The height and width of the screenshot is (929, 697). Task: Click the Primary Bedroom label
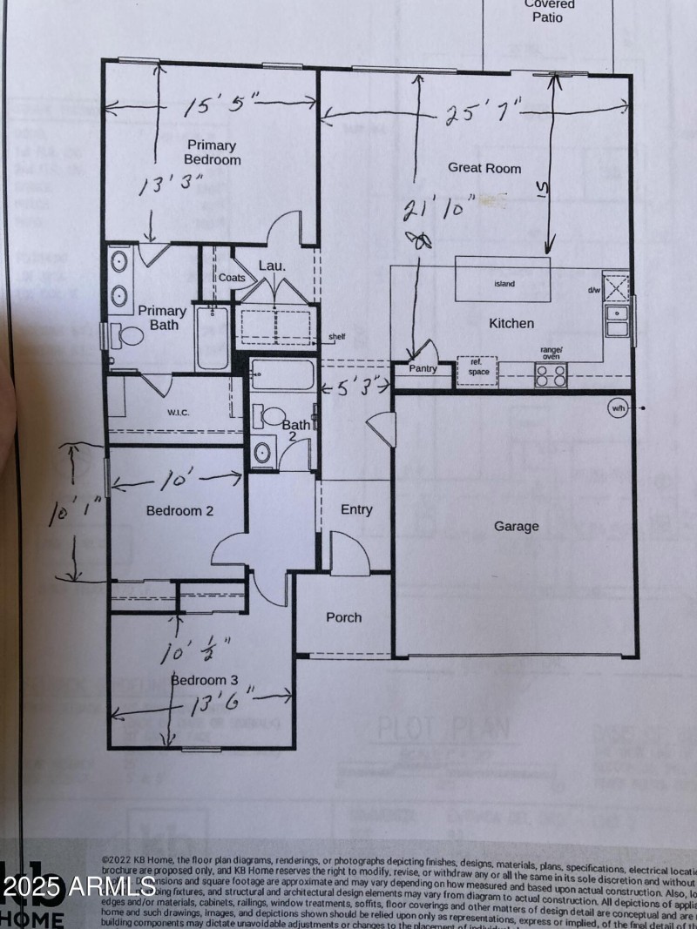pyautogui.click(x=212, y=152)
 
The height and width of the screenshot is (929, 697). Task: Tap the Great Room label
pyautogui.click(x=484, y=167)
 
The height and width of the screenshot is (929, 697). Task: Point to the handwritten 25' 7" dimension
pyautogui.click(x=483, y=113)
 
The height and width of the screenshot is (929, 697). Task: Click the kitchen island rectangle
pyautogui.click(x=503, y=279)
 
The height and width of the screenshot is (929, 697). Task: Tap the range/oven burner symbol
pyautogui.click(x=551, y=374)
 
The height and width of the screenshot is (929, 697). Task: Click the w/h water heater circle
pyautogui.click(x=618, y=408)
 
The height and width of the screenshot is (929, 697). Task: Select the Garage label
pyautogui.click(x=517, y=526)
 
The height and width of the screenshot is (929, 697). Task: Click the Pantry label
pyautogui.click(x=423, y=369)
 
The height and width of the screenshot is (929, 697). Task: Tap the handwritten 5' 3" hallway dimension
pyautogui.click(x=354, y=388)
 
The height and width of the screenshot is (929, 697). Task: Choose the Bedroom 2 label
pyautogui.click(x=179, y=511)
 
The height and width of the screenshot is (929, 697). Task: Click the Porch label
pyautogui.click(x=343, y=617)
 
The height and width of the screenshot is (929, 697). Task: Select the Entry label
pyautogui.click(x=355, y=509)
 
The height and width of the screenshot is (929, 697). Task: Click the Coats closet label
pyautogui.click(x=232, y=278)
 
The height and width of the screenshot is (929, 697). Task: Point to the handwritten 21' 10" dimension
pyautogui.click(x=439, y=209)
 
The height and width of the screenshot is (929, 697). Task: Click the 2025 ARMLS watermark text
pyautogui.click(x=78, y=888)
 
